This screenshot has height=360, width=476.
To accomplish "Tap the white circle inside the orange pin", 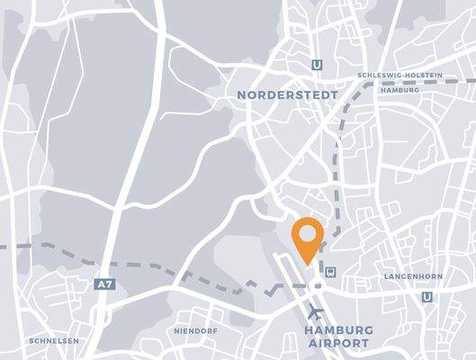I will pyautogui.click(x=308, y=233).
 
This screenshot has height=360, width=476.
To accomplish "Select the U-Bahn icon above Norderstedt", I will pyautogui.click(x=316, y=64).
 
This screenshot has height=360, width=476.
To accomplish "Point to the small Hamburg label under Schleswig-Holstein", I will pyautogui.click(x=400, y=90).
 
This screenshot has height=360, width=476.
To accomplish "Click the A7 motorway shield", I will pyautogui.click(x=104, y=284).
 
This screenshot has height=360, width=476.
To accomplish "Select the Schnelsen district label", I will pyautogui.click(x=54, y=341).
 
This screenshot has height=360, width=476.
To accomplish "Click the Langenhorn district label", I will pyautogui.click(x=410, y=275).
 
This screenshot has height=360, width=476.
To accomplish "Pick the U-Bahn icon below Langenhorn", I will pyautogui.click(x=427, y=297).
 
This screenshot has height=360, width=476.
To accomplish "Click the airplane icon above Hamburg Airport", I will pyautogui.click(x=316, y=313).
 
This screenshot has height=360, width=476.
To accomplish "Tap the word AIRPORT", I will pyautogui.click(x=337, y=344).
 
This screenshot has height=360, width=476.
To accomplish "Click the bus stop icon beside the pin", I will pyautogui.click(x=331, y=269).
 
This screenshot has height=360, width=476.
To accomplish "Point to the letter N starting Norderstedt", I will pyautogui.click(x=241, y=94).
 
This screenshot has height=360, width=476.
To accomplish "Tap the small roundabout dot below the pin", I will pyautogui.click(x=315, y=286).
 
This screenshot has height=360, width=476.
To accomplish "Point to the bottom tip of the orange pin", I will pyautogui.click(x=308, y=264).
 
